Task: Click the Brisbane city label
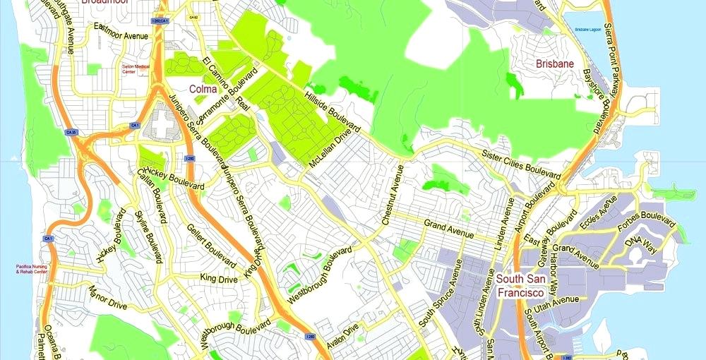click(554, 64)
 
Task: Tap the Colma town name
click(203, 89)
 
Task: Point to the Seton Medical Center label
click(137, 68)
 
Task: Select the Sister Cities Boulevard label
click(522, 164)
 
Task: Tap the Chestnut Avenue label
click(392, 195)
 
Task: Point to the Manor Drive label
click(107, 296)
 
